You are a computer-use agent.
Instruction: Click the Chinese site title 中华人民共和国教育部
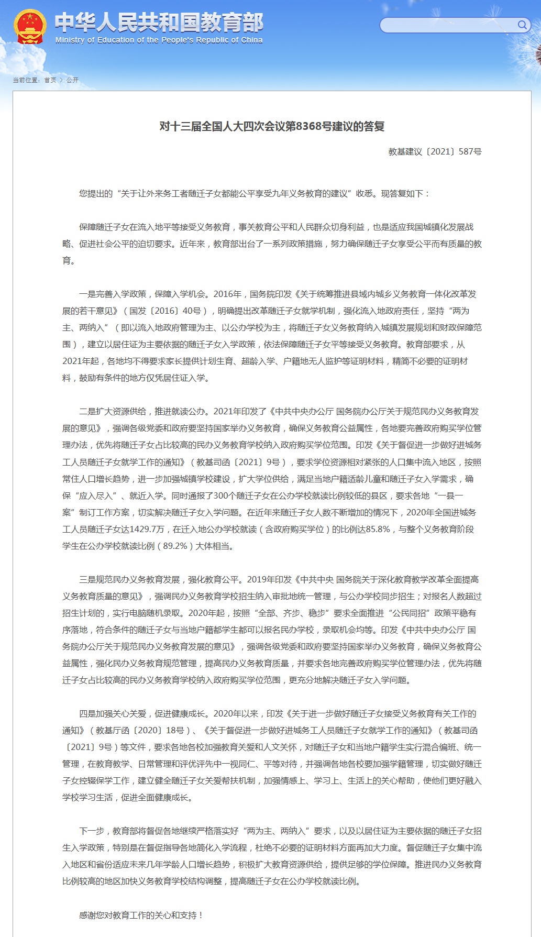point(159,22)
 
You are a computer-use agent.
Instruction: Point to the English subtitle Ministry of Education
point(159,40)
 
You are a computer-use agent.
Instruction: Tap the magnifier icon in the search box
point(522,25)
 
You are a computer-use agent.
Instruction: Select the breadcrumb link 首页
point(50,80)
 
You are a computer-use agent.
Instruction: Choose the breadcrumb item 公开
point(72,80)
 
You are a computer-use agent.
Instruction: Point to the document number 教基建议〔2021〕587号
point(435,151)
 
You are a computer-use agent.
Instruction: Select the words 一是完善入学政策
point(113,294)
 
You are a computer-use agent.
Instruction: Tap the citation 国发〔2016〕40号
point(165,311)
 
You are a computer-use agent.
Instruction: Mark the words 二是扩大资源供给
point(113,412)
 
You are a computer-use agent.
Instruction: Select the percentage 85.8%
point(378,529)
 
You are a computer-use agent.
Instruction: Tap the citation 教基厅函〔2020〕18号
point(140,730)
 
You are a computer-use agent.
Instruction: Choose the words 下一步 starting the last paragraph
point(92,831)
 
